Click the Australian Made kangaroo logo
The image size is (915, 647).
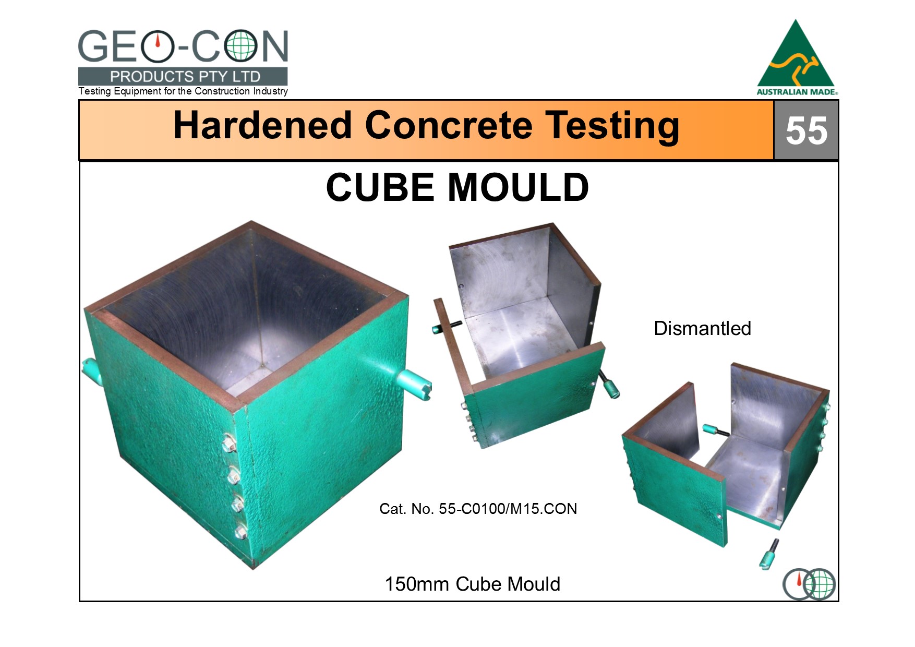797,58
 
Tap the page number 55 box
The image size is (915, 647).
806,130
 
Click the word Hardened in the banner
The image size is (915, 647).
262,125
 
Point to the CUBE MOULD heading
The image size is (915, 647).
457,187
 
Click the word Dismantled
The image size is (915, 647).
702,328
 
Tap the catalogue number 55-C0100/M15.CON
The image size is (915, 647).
508,509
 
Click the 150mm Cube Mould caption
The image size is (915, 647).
472,584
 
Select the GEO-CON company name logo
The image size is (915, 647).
183,46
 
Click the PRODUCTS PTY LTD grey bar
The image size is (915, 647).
183,76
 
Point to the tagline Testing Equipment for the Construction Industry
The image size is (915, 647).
183,91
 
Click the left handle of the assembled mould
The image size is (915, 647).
89,370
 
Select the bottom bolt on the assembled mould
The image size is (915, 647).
241,532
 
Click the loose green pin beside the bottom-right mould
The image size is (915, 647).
769,554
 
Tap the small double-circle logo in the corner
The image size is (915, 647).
809,584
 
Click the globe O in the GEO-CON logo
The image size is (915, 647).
240,46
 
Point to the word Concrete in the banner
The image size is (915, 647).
449,125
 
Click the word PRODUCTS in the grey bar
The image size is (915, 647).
151,77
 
